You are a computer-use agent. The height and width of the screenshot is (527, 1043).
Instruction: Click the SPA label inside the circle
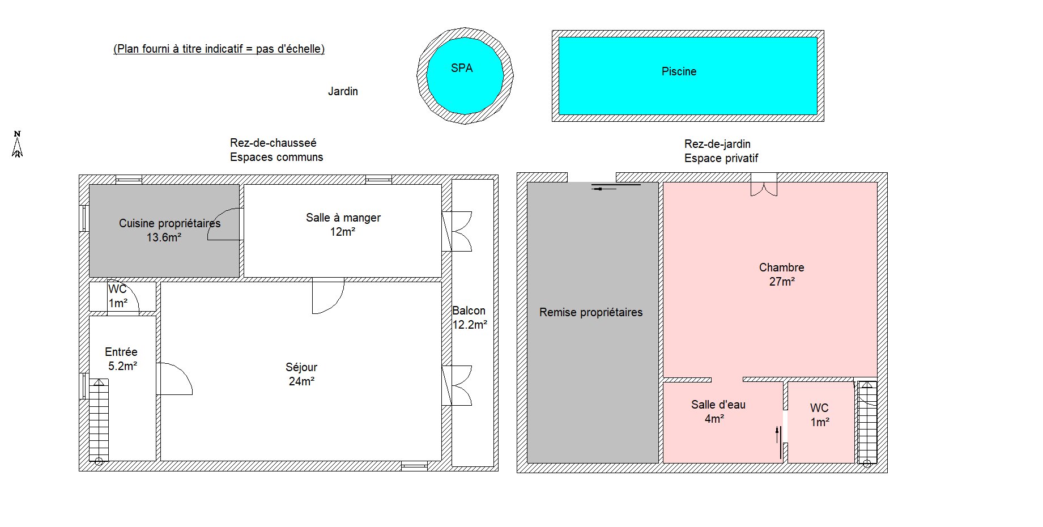pos(462,68)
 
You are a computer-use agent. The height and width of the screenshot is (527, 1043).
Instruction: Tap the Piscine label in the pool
pos(679,71)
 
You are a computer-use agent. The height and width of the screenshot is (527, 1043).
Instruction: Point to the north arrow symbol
pos(18,144)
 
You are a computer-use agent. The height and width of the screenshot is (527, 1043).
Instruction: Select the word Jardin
pos(343,91)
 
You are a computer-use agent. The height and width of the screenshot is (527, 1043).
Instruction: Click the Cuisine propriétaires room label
pos(169,223)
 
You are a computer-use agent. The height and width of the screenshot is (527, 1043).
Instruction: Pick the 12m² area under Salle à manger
pos(343,232)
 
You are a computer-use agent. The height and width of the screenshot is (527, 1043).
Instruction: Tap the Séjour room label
pos(301,367)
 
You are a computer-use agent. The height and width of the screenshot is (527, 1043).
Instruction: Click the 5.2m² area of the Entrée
pos(123,366)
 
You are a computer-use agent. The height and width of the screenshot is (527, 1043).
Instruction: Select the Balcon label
pos(469,311)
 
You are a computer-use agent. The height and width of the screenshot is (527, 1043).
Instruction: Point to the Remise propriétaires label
pos(591,312)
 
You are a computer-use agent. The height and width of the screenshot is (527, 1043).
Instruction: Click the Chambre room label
pos(781,267)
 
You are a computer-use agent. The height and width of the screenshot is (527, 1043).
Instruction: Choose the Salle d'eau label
pos(718,405)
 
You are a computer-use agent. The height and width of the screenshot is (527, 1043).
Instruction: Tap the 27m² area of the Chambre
pos(782,282)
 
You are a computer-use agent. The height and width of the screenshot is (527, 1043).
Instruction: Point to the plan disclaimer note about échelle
pos(219,49)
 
